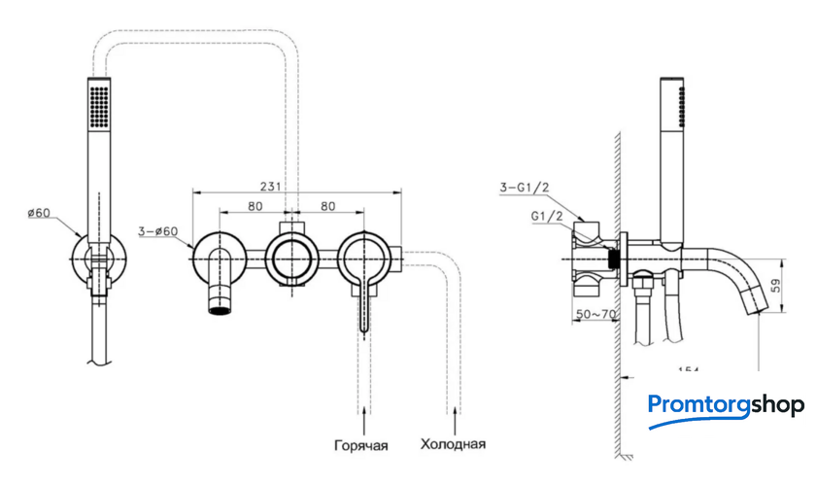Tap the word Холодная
tap(453, 445)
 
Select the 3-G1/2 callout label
tap(524, 187)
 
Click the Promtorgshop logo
tap(726, 405)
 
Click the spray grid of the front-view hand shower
tap(98, 104)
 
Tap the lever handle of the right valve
tap(363, 300)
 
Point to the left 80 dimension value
tap(255, 206)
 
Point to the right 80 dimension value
tap(327, 206)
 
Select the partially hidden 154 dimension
tap(688, 368)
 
